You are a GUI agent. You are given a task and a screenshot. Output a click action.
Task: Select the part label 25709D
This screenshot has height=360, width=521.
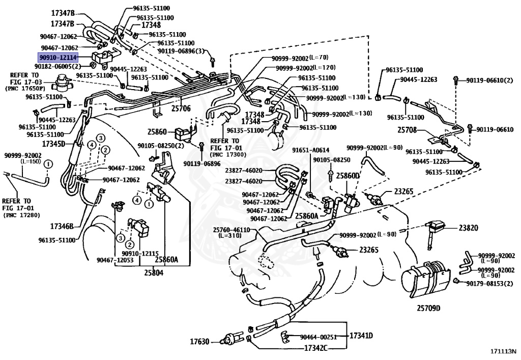(428, 308)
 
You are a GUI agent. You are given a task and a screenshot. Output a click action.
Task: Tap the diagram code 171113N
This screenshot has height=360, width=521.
(503, 352)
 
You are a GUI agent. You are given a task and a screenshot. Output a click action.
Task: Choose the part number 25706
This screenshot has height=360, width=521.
(181, 108)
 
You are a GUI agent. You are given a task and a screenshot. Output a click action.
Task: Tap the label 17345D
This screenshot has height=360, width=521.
(54, 144)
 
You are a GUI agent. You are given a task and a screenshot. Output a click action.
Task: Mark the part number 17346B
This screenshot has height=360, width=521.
(62, 226)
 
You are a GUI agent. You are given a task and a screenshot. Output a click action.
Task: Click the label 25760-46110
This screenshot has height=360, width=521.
(231, 230)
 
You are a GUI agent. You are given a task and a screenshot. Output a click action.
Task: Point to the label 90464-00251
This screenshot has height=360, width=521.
(319, 337)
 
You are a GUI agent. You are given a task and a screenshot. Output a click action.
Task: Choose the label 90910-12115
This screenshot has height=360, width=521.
(140, 253)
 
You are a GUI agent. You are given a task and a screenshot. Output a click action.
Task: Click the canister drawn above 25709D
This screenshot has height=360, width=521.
(426, 279)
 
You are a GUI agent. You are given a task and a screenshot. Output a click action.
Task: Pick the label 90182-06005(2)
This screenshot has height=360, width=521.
(57, 66)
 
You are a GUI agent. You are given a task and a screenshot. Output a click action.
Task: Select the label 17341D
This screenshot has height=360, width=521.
(361, 336)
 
